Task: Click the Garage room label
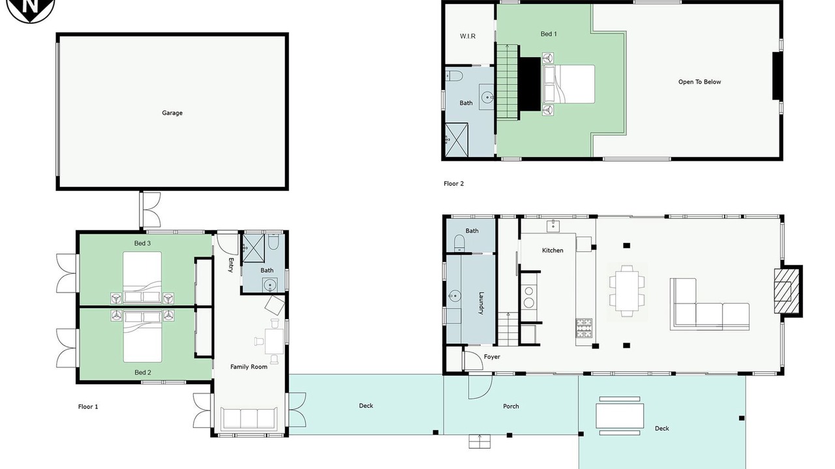(x=172, y=113)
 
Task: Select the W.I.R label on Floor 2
(x=468, y=36)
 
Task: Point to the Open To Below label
(x=699, y=82)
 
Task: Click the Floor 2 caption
(x=453, y=184)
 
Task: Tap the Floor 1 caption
(x=88, y=407)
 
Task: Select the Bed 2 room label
(x=143, y=372)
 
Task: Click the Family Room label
(x=249, y=367)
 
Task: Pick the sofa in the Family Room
(x=249, y=419)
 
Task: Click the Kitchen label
(x=553, y=251)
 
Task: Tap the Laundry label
(x=481, y=303)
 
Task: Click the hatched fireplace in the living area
(x=787, y=291)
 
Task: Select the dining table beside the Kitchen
(x=628, y=291)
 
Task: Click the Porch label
(x=511, y=406)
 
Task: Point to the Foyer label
(x=492, y=356)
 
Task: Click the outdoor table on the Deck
(x=620, y=416)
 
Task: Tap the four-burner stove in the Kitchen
(x=584, y=328)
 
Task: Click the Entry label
(x=231, y=265)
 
